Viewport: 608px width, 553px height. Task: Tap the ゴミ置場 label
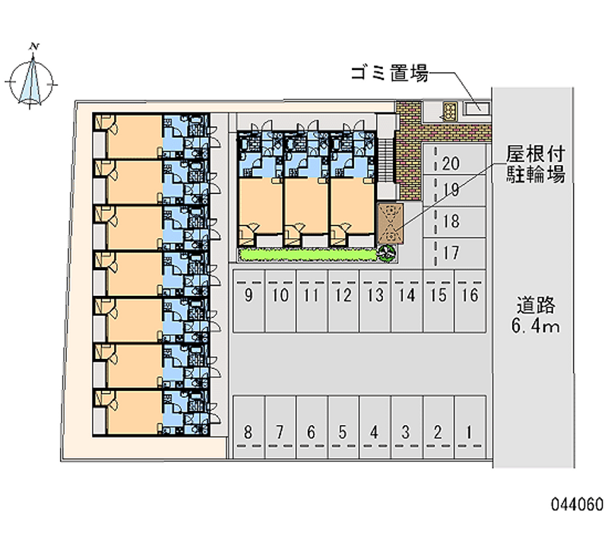point(389,73)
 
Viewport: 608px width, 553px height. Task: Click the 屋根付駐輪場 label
point(536,165)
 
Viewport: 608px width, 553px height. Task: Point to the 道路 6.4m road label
point(536,315)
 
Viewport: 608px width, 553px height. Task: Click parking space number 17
point(454,253)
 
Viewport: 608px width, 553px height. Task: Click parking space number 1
point(470,427)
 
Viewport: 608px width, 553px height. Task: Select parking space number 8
point(249,427)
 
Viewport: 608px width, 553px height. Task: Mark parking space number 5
point(344,427)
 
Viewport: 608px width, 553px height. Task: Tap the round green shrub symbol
point(387,253)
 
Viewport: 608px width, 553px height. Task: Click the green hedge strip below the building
point(309,255)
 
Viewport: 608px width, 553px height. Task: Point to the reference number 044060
point(578,504)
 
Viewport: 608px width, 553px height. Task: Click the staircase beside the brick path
point(386,160)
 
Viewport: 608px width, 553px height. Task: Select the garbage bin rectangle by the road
point(477,109)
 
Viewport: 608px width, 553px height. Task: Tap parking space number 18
point(454,221)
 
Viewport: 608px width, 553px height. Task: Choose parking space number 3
point(407,427)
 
